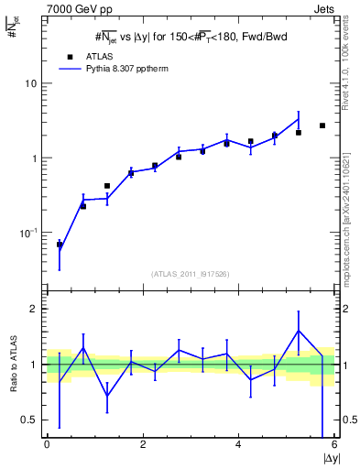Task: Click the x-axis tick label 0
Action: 47,444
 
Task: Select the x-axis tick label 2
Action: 143,444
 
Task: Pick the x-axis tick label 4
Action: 238,444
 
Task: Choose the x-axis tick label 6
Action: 333,444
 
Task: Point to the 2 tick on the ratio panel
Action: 35,310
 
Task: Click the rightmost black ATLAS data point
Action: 322,125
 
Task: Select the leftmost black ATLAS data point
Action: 60,245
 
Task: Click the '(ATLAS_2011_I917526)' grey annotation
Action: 190,274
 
